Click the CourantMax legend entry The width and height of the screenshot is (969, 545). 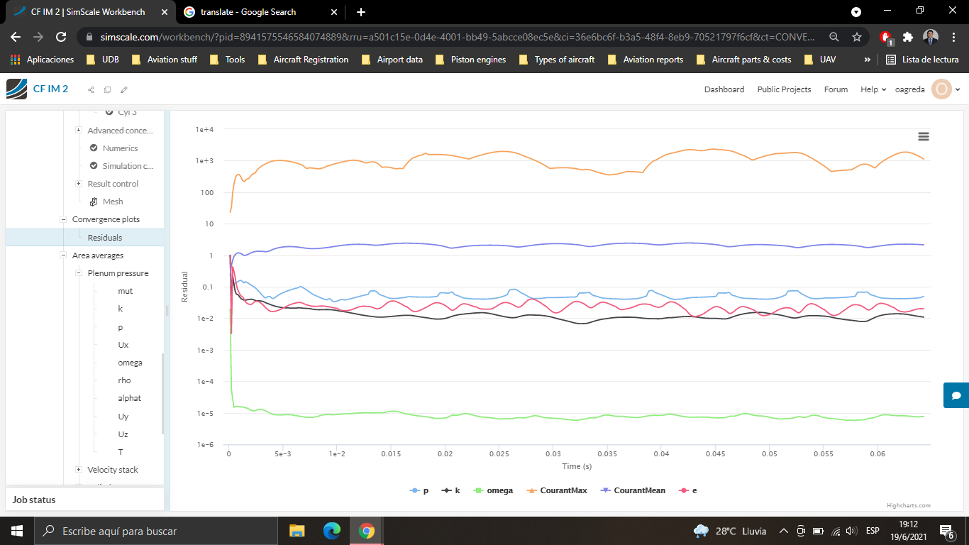563,490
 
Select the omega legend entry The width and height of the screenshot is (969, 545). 499,490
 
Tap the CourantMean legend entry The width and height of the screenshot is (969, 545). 639,490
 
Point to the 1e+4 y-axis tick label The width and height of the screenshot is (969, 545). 205,130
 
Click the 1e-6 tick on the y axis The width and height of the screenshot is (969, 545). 205,445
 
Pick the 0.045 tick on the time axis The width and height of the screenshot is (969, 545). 715,453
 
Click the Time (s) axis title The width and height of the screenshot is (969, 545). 576,466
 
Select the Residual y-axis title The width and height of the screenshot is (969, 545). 185,287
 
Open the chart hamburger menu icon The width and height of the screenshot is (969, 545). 923,136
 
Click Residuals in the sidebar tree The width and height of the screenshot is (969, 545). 105,238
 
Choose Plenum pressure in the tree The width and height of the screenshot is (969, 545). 118,273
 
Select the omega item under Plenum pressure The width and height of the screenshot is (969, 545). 130,363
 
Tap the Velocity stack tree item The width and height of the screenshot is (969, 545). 113,470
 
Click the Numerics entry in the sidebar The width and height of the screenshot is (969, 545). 120,148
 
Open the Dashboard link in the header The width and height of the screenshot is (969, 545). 724,89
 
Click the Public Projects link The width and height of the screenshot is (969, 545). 784,89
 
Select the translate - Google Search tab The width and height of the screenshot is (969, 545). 248,12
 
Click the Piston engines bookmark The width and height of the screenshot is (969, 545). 478,60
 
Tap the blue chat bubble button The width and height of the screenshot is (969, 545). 956,395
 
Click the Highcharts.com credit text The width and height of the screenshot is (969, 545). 908,505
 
